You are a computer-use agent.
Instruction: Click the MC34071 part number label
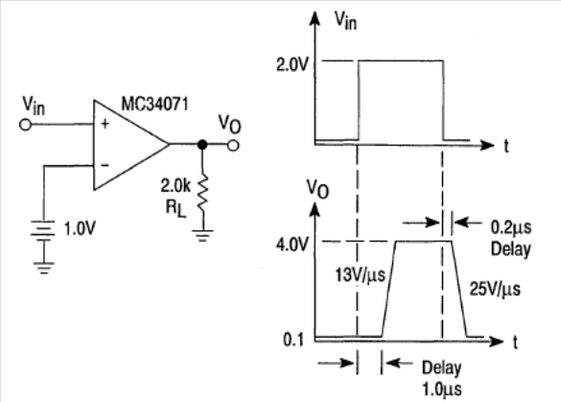[x=154, y=105]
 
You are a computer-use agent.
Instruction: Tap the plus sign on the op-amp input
[x=105, y=124]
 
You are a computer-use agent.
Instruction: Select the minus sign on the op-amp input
[x=105, y=165]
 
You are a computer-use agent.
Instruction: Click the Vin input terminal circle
[x=25, y=125]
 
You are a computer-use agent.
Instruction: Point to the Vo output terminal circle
[x=233, y=145]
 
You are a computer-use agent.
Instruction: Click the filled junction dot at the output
[x=202, y=145]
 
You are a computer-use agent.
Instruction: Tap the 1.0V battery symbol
[x=43, y=229]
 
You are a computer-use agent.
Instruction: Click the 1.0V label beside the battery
[x=80, y=228]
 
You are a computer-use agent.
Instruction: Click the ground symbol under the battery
[x=44, y=268]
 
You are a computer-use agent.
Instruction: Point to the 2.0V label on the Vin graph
[x=292, y=65]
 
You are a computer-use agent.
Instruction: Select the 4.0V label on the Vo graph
[x=292, y=245]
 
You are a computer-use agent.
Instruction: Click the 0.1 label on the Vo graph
[x=293, y=340]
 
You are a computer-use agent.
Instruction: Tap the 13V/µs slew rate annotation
[x=360, y=275]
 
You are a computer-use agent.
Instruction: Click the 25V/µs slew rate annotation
[x=495, y=289]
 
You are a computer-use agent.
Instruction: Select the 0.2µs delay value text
[x=510, y=227]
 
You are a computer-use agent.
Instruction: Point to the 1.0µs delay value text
[x=442, y=389]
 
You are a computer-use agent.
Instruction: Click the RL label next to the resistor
[x=175, y=208]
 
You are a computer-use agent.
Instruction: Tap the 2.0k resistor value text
[x=175, y=186]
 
